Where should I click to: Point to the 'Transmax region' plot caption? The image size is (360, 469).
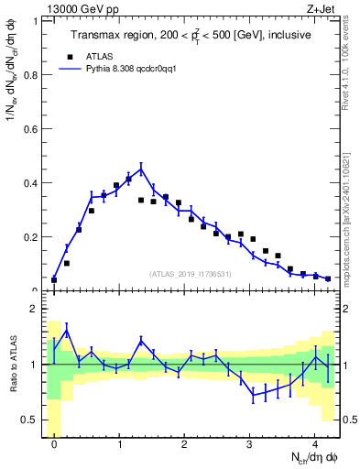(191, 35)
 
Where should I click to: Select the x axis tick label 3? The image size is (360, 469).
(249, 444)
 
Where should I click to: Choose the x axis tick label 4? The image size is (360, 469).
(314, 444)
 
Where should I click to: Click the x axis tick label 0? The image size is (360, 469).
(54, 444)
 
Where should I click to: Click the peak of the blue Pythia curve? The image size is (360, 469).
(141, 169)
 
